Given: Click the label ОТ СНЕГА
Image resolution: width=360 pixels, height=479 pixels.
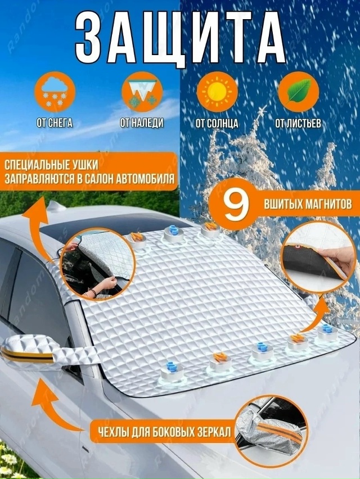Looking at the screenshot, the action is point(55,123).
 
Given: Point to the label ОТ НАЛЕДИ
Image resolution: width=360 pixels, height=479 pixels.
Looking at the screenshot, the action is point(142,123).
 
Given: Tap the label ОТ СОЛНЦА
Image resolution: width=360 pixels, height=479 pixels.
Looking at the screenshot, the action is point(217,123).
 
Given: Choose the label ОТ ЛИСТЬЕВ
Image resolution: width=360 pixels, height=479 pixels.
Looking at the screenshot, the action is point(298,123).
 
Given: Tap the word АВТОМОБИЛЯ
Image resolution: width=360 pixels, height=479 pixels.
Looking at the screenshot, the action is point(146,178).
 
